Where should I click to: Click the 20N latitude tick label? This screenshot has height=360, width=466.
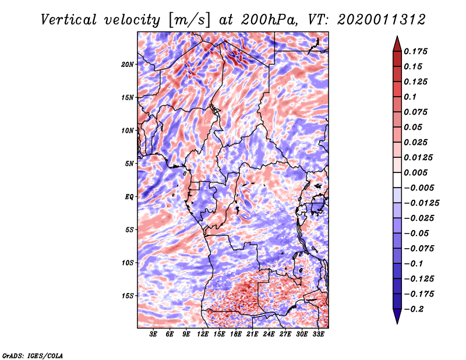127,64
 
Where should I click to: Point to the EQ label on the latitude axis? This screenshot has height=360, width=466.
129,197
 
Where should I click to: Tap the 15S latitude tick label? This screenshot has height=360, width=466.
127,296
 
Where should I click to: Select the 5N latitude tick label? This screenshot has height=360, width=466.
129,164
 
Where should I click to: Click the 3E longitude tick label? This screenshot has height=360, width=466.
153,334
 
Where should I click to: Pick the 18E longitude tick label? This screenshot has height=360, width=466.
235,334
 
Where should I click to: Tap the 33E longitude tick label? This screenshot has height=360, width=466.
318,334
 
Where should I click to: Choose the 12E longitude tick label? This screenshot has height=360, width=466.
202,334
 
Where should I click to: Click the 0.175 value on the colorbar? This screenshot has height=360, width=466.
415,51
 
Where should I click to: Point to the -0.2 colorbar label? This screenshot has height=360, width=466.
414,309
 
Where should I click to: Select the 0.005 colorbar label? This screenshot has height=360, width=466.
415,172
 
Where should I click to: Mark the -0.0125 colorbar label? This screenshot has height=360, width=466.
421,203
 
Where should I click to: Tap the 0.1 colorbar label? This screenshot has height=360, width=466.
410,97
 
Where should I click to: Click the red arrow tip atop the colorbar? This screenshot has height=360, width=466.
397,36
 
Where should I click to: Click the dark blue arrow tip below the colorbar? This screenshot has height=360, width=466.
397,323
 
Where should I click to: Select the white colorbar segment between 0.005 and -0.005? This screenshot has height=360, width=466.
397,180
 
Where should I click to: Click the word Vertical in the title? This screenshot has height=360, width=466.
69,20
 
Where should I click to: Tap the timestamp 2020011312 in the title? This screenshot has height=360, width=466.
382,20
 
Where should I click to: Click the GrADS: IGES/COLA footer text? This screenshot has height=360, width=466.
33,356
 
